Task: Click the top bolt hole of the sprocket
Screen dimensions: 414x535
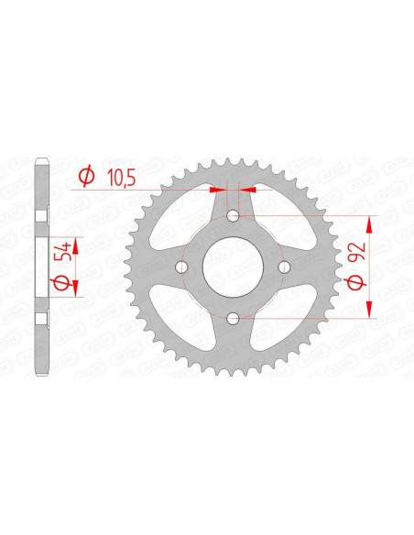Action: point(233,215)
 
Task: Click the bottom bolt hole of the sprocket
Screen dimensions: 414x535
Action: point(233,319)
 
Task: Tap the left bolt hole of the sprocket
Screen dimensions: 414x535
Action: point(181,267)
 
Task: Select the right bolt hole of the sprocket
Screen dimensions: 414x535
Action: point(285,267)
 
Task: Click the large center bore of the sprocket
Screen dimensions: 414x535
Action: point(233,267)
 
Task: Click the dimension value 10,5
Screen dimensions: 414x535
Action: point(122,178)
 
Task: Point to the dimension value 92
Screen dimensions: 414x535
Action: point(358,252)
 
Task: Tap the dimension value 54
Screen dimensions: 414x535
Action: point(64,251)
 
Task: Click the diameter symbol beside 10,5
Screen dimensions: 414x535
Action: point(86,177)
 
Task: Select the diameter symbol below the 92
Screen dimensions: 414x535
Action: point(356,282)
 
